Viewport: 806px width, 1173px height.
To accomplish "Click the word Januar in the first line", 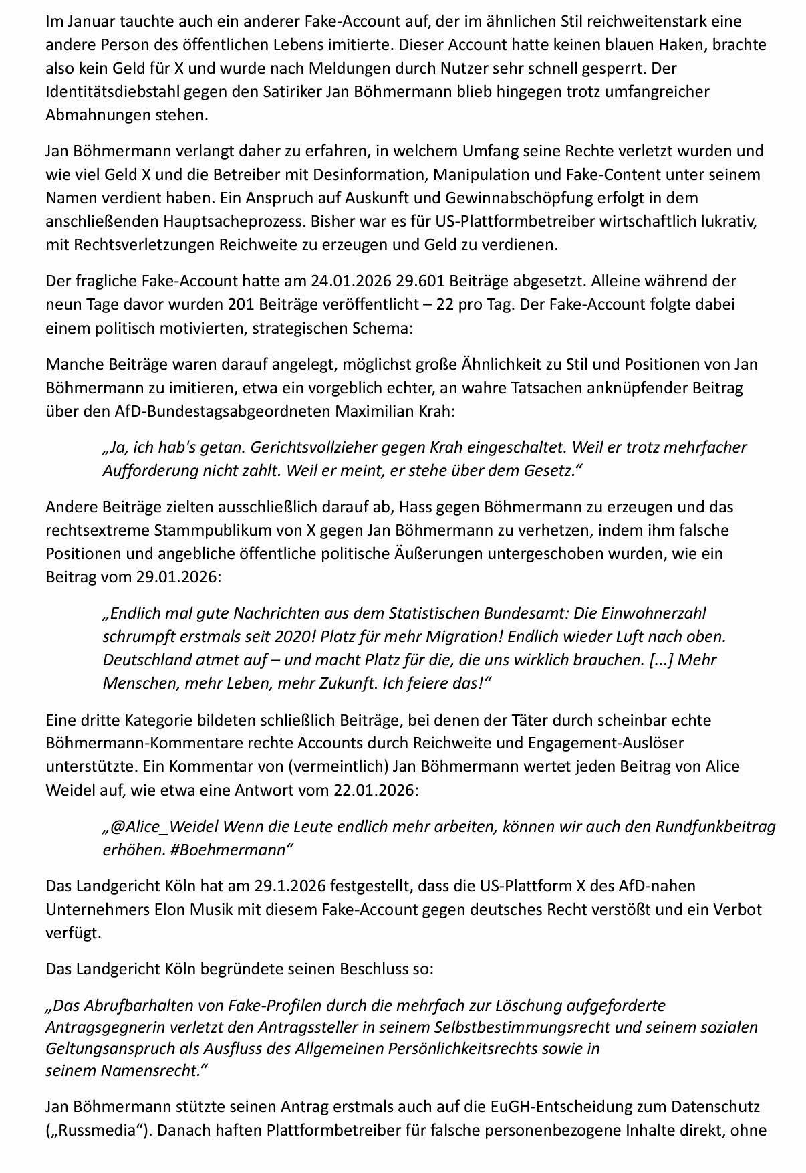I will pos(85,21).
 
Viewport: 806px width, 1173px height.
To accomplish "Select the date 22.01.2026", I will pos(374,790).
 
